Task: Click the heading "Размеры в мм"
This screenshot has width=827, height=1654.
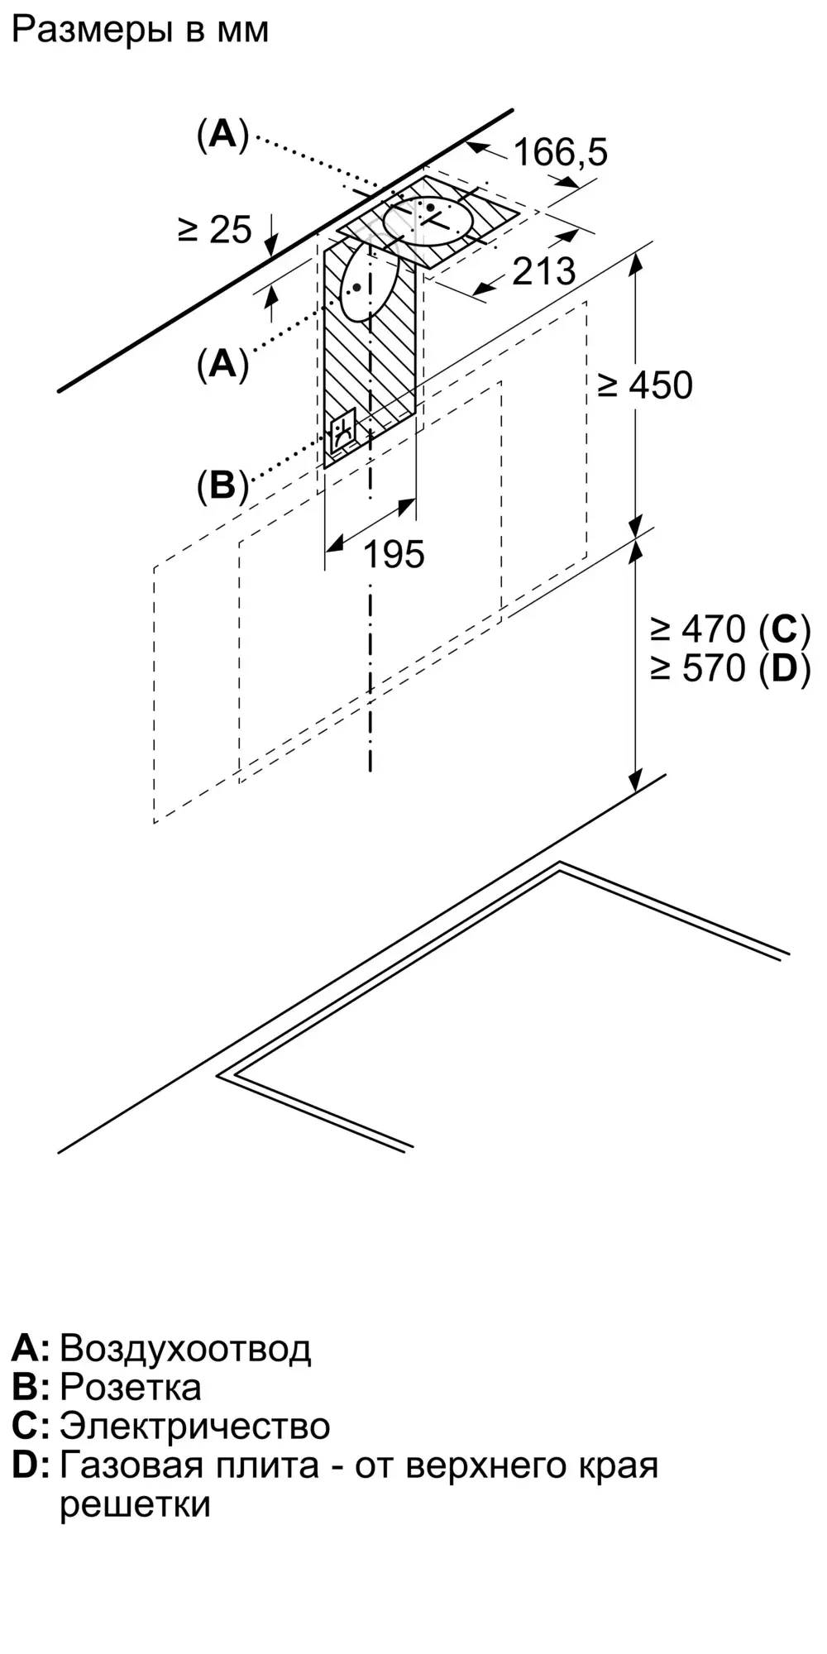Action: pyautogui.click(x=141, y=31)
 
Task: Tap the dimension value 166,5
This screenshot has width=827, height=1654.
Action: pyautogui.click(x=561, y=152)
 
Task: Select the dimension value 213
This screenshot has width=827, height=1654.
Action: pyautogui.click(x=543, y=271)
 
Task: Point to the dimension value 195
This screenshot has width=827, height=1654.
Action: pyautogui.click(x=394, y=554)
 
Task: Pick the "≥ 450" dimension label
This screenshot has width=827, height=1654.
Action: pyautogui.click(x=645, y=385)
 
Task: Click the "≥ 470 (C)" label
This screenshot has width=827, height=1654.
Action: pyautogui.click(x=729, y=630)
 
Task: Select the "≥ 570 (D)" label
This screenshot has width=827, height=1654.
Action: pyautogui.click(x=729, y=668)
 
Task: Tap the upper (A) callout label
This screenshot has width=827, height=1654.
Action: pyautogui.click(x=222, y=134)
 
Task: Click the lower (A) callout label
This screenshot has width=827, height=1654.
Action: pyautogui.click(x=222, y=363)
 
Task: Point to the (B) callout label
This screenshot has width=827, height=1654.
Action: pyautogui.click(x=222, y=485)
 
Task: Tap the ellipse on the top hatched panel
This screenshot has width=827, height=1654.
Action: pyautogui.click(x=430, y=219)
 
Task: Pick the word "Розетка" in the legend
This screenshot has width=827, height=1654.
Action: pyautogui.click(x=131, y=1387)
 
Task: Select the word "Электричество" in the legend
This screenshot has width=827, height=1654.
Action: pyautogui.click(x=195, y=1426)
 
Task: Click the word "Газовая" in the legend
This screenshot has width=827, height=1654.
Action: pyautogui.click(x=131, y=1465)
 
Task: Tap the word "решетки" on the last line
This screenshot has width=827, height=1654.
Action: pyautogui.click(x=135, y=1503)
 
